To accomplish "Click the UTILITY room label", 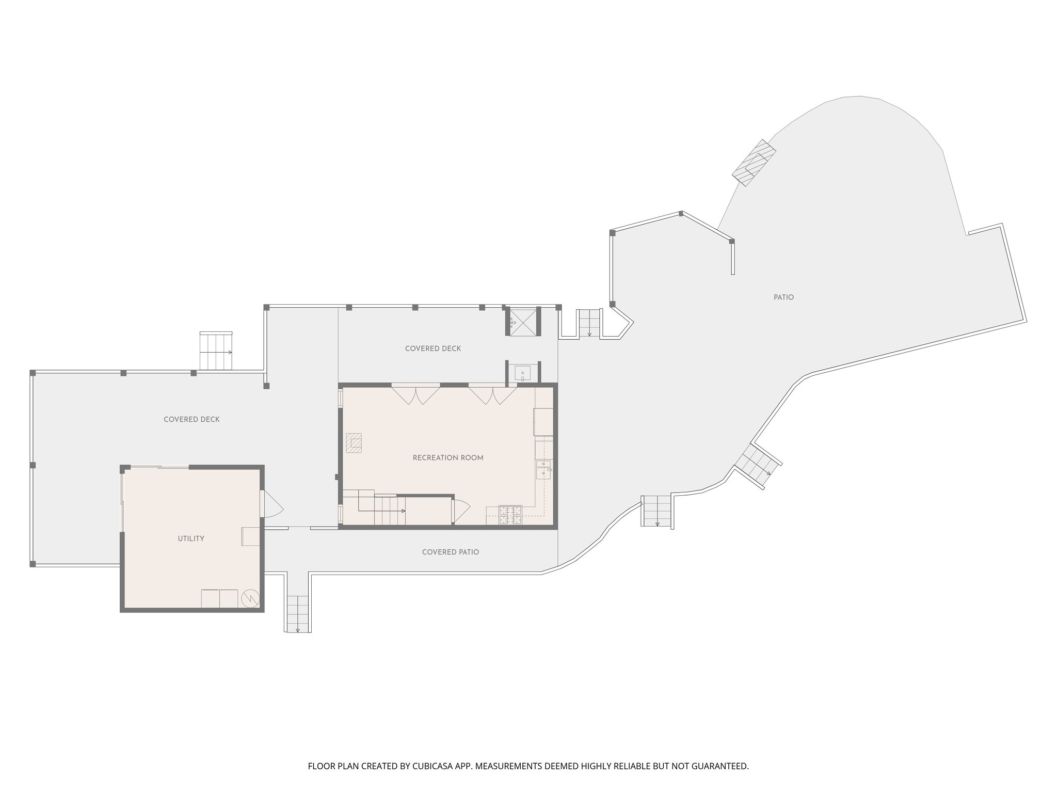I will pos(191,538).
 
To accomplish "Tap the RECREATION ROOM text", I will pos(447,458).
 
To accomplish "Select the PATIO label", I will pos(783,297).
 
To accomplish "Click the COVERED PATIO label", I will pos(450,552).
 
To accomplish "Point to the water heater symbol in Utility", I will pos(248,598).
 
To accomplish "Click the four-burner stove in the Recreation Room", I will pos(510,514).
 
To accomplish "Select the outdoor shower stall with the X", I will pos(523,321).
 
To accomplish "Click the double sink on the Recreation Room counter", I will pos(543,469).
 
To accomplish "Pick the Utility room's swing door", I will pos(272,504).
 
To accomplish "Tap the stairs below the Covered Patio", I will pos(298,613).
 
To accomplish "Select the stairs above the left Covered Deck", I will pos(216,351).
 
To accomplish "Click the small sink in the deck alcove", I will pos(523,372).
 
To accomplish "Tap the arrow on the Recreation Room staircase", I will pos(403,511).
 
